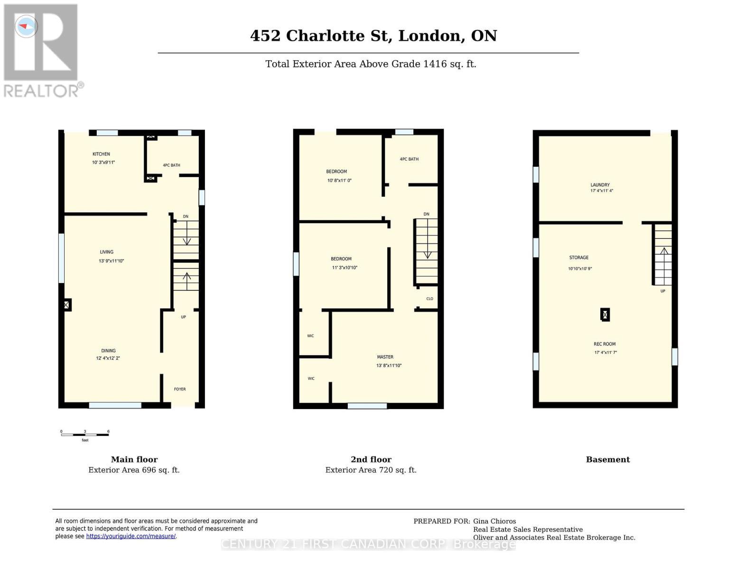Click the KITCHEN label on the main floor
(x=101, y=154)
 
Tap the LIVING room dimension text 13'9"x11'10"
(x=111, y=261)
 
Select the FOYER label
(x=180, y=389)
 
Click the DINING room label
(x=108, y=351)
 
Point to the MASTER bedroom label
(x=385, y=357)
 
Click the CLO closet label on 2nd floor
(x=429, y=299)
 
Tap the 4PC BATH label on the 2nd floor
(x=409, y=159)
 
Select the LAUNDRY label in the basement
(x=600, y=185)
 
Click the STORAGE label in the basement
(x=578, y=257)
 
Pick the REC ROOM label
(x=605, y=344)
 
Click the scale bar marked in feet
(x=85, y=434)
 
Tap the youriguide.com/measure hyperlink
(x=131, y=536)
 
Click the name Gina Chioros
(x=494, y=521)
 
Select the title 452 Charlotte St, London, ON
(x=373, y=36)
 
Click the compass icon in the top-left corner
(x=26, y=26)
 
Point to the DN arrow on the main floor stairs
(x=187, y=237)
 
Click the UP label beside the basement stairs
(x=663, y=291)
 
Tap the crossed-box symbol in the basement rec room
(x=605, y=314)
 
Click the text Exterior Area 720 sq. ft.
(x=371, y=470)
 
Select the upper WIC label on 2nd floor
(x=310, y=336)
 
